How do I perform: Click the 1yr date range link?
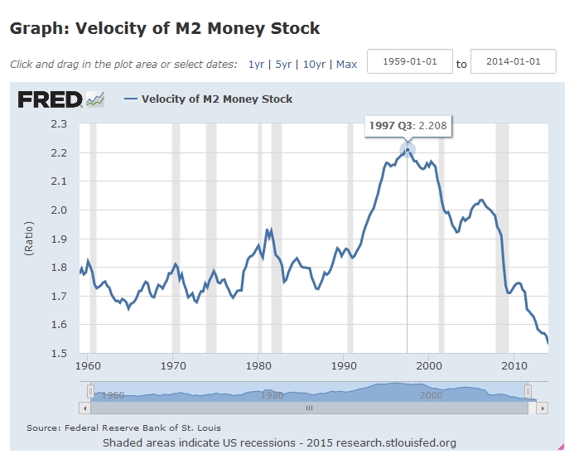256,64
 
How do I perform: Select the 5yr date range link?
283,64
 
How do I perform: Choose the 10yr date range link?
314,64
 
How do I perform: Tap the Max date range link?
346,64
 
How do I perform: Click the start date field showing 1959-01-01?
409,62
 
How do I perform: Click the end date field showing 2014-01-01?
513,62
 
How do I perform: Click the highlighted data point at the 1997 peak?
407,150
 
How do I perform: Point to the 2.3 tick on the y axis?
58,124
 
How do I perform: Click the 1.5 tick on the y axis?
58,353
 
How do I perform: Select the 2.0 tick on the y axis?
58,210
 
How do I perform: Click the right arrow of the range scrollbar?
533,408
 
